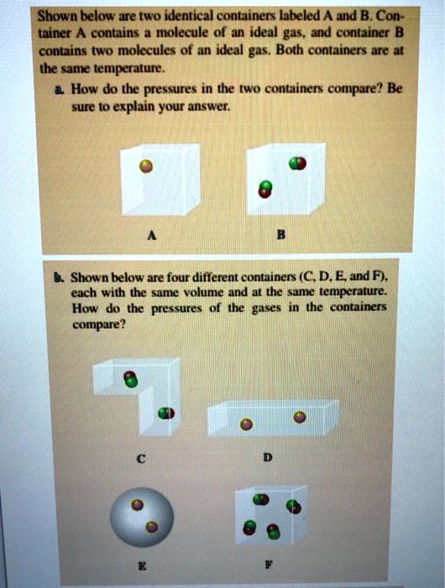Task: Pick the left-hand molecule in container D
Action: coord(245,424)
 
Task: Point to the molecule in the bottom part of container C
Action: coord(165,412)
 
